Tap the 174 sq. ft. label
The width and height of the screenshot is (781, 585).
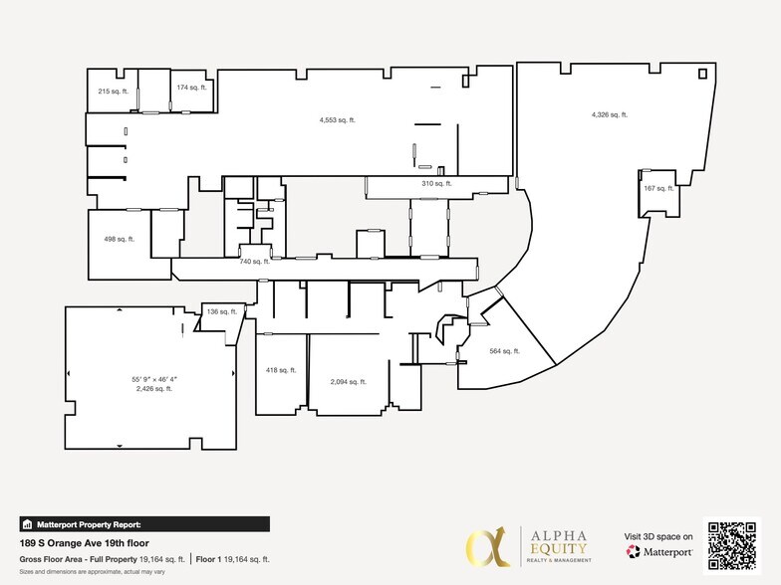pos(190,88)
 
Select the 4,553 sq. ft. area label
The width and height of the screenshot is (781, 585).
pos(338,120)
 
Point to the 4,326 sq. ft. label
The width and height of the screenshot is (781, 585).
pos(609,114)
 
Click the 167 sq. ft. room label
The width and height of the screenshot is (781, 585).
pos(658,188)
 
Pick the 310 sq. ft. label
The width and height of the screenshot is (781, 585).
pos(436,184)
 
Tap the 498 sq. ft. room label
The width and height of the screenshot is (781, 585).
pos(119,239)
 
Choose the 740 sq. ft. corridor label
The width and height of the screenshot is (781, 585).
pos(255,262)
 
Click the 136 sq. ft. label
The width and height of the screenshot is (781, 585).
pos(221,311)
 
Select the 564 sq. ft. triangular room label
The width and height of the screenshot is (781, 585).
pos(505,351)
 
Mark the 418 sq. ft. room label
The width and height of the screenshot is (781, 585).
pos(280,370)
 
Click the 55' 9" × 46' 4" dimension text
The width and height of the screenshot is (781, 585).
pos(153,379)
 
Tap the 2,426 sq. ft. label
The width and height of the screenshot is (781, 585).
pos(153,389)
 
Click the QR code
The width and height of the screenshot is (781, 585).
pos(732,546)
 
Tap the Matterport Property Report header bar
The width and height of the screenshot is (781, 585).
pos(143,523)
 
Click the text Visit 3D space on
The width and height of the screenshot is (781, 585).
pos(658,535)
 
